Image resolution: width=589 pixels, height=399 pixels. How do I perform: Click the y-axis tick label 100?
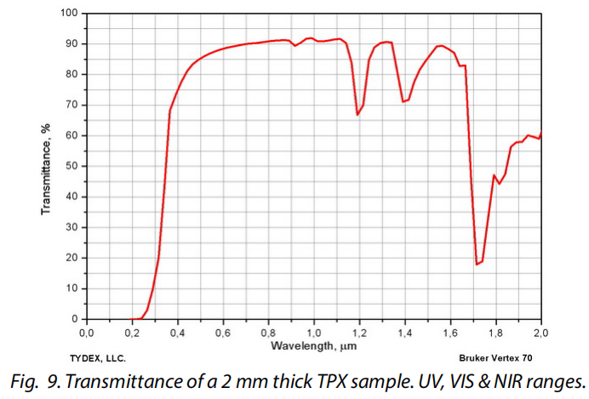tap(68, 14)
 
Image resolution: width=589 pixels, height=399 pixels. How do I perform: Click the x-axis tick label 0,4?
tap(177, 333)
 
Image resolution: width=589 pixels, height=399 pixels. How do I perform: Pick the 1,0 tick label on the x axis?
tap(314, 333)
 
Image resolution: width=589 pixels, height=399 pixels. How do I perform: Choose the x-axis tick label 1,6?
tap(451, 333)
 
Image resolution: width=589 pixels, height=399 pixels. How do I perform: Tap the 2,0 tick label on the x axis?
tap(541, 333)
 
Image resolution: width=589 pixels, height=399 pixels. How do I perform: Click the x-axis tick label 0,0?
tap(86, 333)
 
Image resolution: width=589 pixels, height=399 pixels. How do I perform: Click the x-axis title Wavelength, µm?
tap(313, 346)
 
